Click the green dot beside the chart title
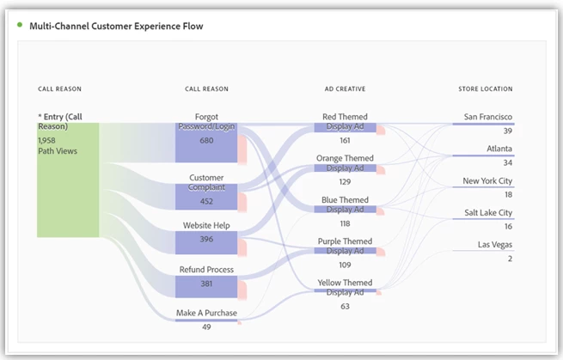[20, 25]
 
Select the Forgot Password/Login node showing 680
[206, 143]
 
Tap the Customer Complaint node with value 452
[206, 197]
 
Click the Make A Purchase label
[206, 313]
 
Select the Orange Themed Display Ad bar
[345, 168]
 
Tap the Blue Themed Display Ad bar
[345, 210]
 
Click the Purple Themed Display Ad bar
[345, 251]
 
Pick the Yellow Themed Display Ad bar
[345, 292]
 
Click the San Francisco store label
[487, 117]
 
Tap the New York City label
[487, 181]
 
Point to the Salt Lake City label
[487, 213]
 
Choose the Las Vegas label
[495, 245]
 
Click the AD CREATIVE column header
[345, 88]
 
